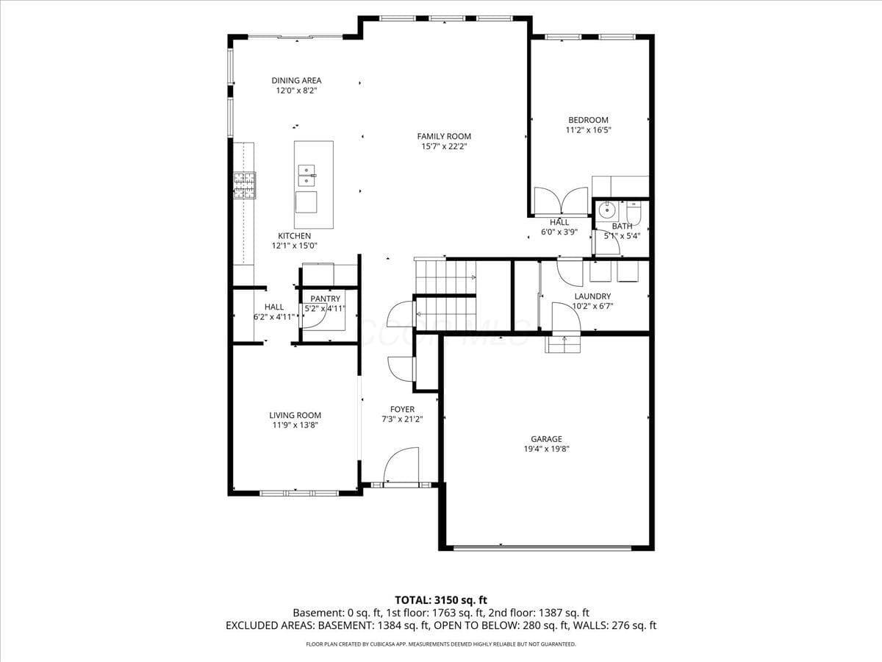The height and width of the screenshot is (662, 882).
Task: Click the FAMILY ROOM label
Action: click(444, 136)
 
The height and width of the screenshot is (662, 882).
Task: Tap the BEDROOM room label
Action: click(588, 120)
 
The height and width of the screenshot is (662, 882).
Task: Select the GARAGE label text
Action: click(547, 439)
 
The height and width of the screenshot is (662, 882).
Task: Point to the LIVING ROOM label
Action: click(295, 415)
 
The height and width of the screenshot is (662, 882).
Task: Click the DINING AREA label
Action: click(296, 80)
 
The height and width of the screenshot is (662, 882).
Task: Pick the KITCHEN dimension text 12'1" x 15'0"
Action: click(295, 246)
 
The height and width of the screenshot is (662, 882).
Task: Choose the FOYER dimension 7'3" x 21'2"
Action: click(402, 419)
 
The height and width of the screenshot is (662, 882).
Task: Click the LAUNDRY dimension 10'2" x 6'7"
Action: click(592, 306)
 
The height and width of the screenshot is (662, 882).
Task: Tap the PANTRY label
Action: click(325, 299)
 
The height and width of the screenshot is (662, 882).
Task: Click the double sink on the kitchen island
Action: click(307, 176)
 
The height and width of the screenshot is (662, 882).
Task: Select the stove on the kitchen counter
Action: click(245, 185)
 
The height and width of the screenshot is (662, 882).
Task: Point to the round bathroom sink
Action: click(606, 210)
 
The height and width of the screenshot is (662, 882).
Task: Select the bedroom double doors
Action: click(561, 200)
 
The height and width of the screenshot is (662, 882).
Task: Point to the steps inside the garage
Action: click(563, 344)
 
